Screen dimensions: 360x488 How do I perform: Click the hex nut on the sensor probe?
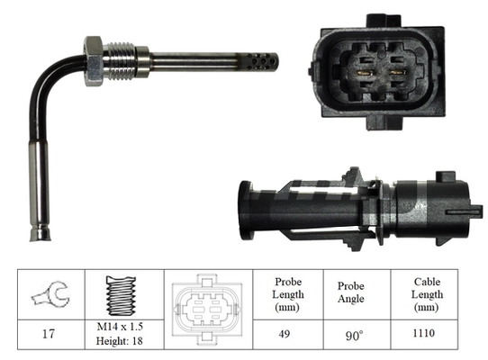(x=93, y=60)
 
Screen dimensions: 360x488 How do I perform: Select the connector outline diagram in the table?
(x=206, y=307)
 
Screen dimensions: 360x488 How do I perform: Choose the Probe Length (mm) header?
(x=288, y=293)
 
